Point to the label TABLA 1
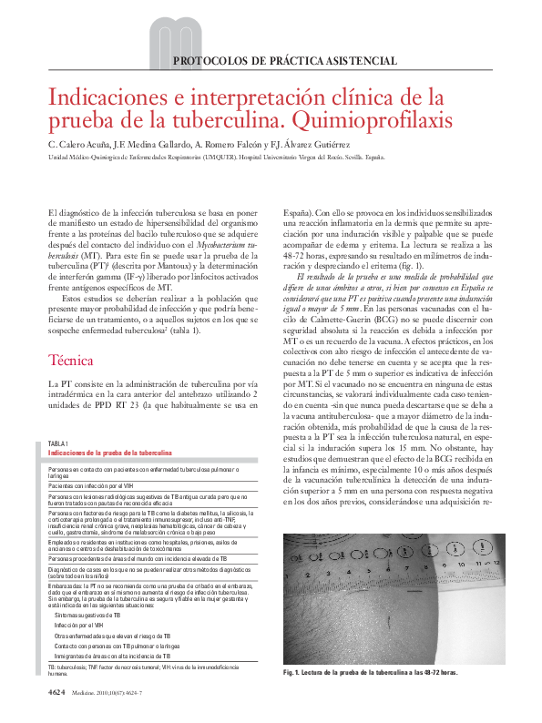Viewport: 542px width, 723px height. pyautogui.click(x=58, y=443)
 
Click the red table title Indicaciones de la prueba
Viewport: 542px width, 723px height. pyautogui.click(x=109, y=453)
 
